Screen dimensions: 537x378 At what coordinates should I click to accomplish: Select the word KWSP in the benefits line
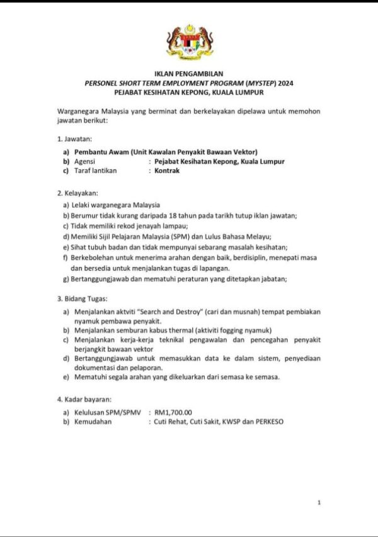pos(231,422)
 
